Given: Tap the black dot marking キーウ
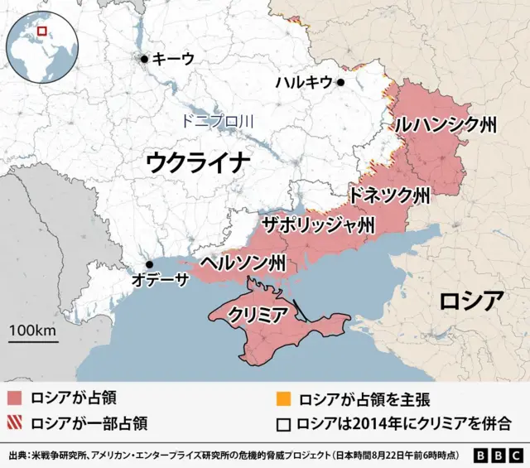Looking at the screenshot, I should click(145, 59).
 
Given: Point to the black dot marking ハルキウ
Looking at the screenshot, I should click(340, 82).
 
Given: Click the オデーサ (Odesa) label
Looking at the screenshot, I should click(160, 279).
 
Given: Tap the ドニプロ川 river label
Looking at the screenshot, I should click(217, 122).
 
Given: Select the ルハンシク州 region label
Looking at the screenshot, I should click(446, 125).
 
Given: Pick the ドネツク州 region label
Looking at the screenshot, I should click(389, 196).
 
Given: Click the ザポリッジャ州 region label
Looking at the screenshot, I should click(317, 225).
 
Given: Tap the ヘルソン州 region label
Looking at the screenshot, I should click(244, 264).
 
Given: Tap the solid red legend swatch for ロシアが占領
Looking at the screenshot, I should click(14, 398).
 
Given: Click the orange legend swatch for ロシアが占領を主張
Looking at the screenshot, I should click(283, 398).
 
